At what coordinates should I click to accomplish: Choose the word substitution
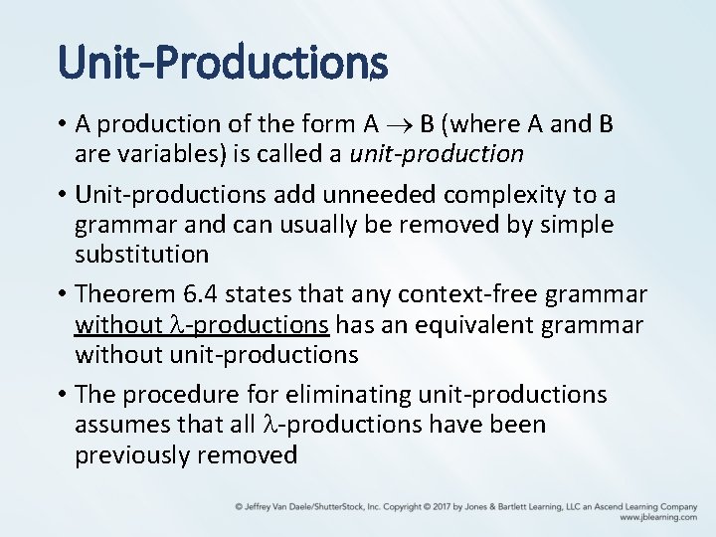click(x=141, y=254)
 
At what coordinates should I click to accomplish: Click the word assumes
click(x=123, y=425)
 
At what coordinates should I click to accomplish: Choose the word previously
click(x=136, y=454)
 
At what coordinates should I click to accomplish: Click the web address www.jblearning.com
click(x=657, y=517)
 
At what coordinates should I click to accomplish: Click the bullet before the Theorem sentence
click(x=62, y=294)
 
